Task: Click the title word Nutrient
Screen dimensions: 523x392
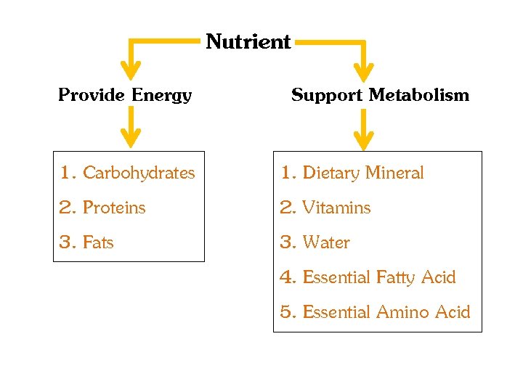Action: tap(248, 42)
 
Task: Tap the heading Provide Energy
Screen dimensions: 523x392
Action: tap(125, 95)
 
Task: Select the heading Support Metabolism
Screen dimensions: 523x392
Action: tap(380, 95)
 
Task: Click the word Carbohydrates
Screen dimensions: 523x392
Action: tap(139, 173)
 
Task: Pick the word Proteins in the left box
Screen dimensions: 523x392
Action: tap(114, 208)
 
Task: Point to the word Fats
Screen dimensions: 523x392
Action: tap(98, 242)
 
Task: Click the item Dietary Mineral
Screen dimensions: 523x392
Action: tap(362, 173)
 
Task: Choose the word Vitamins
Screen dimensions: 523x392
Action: tap(336, 208)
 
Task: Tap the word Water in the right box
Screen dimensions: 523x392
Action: tap(326, 242)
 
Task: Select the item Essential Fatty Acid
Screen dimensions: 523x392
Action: tap(378, 277)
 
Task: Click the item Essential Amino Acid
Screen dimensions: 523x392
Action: tap(386, 312)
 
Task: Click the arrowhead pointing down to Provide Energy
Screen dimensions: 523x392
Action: tap(131, 71)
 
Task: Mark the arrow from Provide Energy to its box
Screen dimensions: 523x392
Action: tap(131, 127)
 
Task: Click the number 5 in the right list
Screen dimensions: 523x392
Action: tap(287, 312)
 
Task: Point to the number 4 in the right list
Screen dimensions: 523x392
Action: tap(287, 277)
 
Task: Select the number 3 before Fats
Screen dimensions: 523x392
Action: tap(66, 242)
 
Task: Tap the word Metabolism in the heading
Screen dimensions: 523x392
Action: tap(419, 95)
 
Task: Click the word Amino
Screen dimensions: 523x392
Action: tap(402, 312)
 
